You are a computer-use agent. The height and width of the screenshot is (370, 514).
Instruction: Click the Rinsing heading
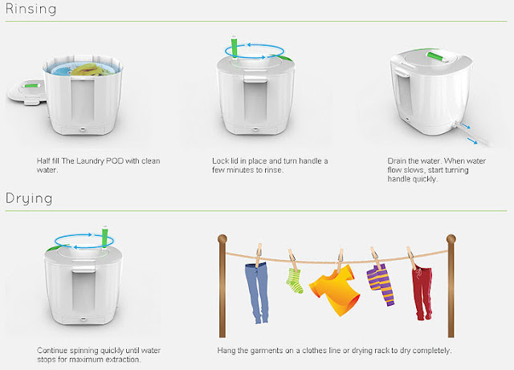(31, 9)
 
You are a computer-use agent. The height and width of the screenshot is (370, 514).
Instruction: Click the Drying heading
(29, 199)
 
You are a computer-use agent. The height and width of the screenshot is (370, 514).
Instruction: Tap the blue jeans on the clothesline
(257, 291)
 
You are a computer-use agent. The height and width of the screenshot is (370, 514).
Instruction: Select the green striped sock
(294, 281)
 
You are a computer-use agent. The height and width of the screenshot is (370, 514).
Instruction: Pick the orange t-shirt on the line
(334, 289)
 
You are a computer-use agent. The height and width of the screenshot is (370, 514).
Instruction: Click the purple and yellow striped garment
(381, 284)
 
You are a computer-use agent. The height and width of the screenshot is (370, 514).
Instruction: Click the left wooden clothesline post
(222, 286)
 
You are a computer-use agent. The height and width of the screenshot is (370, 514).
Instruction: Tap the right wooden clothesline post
(451, 286)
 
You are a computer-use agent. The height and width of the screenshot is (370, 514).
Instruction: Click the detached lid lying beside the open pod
(27, 92)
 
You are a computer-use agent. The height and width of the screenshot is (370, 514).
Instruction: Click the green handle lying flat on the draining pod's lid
(438, 56)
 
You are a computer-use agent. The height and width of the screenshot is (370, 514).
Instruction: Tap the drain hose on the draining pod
(471, 134)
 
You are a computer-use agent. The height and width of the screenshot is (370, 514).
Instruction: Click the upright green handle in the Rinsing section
(235, 47)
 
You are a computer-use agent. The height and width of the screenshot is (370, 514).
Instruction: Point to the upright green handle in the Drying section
(105, 237)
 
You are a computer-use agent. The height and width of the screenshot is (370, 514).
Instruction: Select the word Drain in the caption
(397, 161)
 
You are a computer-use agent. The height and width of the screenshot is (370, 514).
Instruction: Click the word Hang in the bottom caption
(226, 351)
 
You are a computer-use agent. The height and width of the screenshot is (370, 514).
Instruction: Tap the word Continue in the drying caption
(51, 351)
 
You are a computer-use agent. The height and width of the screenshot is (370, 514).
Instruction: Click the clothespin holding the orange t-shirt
(341, 261)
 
